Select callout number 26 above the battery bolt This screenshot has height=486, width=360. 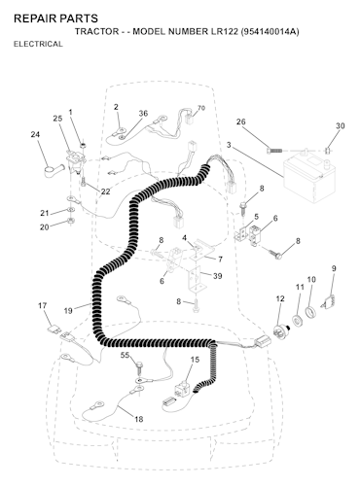click(241, 121)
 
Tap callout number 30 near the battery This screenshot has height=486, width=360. click(340, 125)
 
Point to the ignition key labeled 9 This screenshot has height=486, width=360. click(329, 301)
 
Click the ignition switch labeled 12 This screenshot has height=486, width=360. click(282, 331)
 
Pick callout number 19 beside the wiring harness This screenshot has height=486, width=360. click(68, 311)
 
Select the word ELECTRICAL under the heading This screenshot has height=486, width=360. click(38, 44)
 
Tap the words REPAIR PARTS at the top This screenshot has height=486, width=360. click(55, 18)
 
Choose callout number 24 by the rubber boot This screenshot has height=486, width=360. click(35, 134)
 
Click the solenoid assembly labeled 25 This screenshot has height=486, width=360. click(76, 161)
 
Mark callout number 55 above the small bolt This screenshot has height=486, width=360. click(126, 356)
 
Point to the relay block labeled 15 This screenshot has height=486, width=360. click(184, 388)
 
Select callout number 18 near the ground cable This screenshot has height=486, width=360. click(139, 419)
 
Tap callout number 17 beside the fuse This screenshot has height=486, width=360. click(43, 305)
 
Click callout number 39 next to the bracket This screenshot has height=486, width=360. click(218, 276)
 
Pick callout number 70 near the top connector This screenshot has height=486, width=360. click(201, 108)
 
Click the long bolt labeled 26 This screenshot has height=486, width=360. click(275, 151)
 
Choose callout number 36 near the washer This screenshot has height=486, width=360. click(143, 114)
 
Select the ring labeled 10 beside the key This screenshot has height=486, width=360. click(310, 312)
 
